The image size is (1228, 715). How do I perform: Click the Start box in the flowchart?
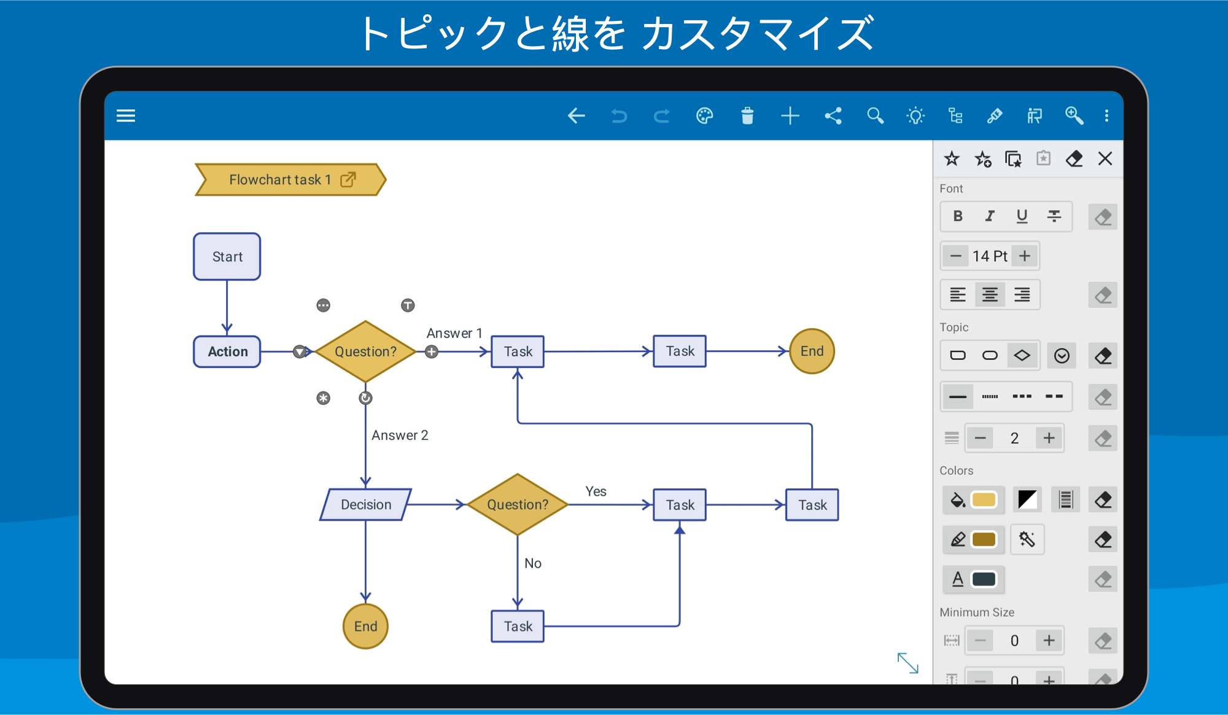(227, 257)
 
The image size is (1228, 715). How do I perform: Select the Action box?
(227, 351)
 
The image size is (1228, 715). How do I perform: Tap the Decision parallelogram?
(366, 504)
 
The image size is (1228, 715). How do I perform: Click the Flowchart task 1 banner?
(290, 179)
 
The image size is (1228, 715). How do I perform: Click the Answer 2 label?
(400, 435)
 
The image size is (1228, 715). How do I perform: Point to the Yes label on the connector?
(596, 491)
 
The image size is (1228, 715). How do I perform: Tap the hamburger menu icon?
(126, 115)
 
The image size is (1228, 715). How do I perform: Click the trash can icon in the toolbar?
(747, 115)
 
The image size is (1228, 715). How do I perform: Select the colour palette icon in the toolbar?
(705, 115)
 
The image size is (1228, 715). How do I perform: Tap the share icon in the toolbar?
(833, 115)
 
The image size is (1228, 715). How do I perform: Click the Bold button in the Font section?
(958, 216)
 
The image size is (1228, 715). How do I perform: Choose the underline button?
(1022, 216)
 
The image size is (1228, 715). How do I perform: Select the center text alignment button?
(990, 295)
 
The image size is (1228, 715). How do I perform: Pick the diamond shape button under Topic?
(1022, 355)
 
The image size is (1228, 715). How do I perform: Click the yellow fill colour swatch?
(984, 500)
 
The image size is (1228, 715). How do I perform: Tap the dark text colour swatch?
(984, 579)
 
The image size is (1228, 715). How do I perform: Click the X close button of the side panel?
(1105, 158)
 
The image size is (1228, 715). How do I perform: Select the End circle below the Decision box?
(365, 626)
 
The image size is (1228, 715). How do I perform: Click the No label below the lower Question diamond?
(533, 563)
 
